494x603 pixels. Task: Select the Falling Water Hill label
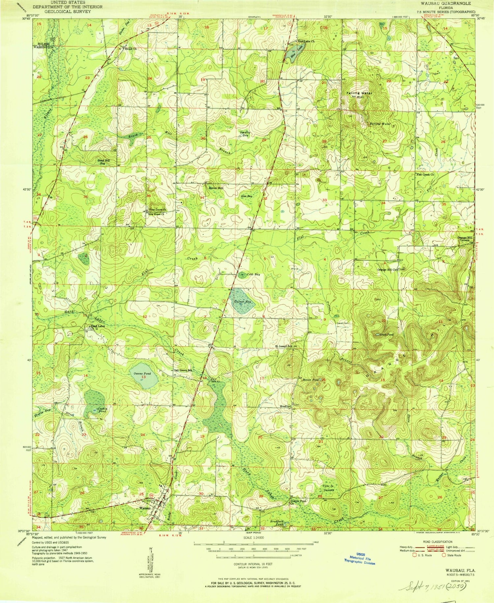(359, 95)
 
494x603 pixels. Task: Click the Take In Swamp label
(328, 488)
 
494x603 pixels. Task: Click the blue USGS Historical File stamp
(360, 559)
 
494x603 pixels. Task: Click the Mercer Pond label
(310, 380)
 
